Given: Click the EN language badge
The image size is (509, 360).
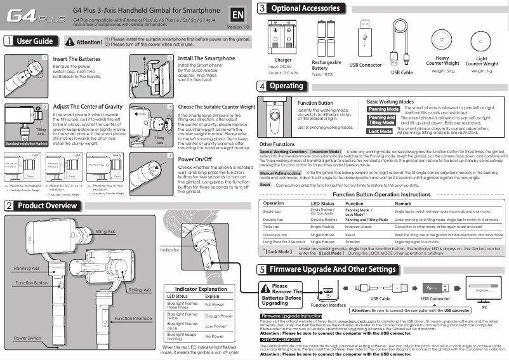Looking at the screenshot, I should tap(238, 15).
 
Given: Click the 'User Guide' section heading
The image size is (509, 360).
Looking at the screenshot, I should tap(34, 42).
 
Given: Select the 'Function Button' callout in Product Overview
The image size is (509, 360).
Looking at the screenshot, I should tap(32, 282).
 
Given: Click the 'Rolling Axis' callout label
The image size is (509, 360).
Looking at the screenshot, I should tap(140, 290).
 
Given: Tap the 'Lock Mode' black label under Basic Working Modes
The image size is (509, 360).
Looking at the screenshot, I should tap(380, 131).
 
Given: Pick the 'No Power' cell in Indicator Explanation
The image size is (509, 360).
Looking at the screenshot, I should tap(215, 336).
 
